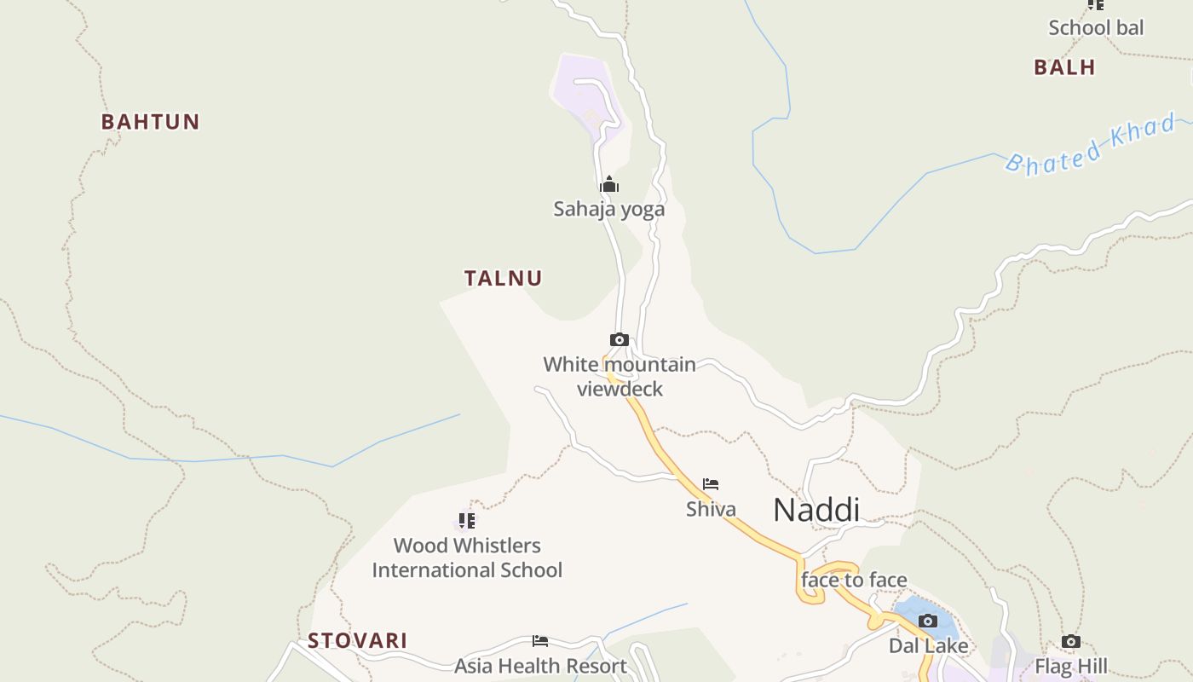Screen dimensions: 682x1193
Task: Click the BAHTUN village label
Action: (x=150, y=122)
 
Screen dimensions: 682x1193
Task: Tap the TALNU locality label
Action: (x=503, y=278)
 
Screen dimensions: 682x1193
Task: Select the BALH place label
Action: (x=1064, y=67)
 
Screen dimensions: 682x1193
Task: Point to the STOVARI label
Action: (x=357, y=640)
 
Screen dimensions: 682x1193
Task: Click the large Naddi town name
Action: (x=816, y=510)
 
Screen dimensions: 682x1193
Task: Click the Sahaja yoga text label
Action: (x=608, y=209)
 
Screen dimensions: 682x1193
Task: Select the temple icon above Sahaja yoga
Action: (x=608, y=184)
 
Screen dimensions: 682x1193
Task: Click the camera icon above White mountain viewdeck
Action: (x=620, y=340)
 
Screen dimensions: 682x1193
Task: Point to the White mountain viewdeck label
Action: (x=620, y=376)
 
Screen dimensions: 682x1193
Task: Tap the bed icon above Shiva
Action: (x=711, y=484)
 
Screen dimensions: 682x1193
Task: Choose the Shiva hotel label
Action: (x=711, y=510)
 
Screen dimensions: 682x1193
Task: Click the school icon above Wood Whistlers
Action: (x=466, y=520)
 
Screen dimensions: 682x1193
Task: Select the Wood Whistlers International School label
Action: (x=467, y=558)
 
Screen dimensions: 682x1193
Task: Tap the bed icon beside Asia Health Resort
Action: (x=539, y=640)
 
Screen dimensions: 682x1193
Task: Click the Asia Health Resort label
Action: (x=540, y=666)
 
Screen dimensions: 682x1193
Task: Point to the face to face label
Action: (x=854, y=581)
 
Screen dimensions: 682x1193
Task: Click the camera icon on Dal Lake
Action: (x=928, y=621)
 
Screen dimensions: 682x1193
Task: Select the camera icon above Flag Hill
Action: (x=1071, y=641)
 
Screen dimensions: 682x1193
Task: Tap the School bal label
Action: (x=1096, y=27)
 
